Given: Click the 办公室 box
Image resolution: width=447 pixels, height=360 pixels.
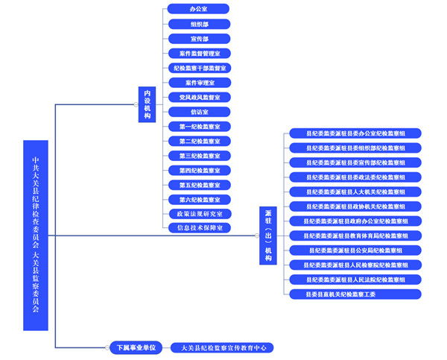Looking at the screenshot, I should click(x=198, y=9).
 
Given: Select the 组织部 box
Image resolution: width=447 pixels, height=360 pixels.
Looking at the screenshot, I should click(x=198, y=24).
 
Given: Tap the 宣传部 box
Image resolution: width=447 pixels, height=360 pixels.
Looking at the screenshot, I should click(x=198, y=39).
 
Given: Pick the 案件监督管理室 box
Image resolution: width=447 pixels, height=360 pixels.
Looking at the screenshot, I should click(x=198, y=54).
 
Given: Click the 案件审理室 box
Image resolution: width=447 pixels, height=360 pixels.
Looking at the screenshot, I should click(x=198, y=83).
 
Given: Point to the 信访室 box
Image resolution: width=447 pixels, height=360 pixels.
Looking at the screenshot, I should click(x=198, y=112).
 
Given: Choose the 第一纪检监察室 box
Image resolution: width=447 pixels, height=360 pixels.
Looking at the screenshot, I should click(x=198, y=127).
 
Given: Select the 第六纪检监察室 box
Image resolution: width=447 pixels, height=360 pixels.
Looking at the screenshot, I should click(x=198, y=200).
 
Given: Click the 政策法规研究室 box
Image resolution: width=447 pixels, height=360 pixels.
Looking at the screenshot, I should click(x=198, y=214).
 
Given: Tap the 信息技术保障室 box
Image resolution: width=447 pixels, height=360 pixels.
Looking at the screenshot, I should click(x=198, y=228).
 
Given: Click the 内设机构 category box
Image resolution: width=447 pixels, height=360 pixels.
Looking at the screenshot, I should click(x=148, y=105).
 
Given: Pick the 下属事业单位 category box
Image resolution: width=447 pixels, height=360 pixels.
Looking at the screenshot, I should click(x=135, y=347).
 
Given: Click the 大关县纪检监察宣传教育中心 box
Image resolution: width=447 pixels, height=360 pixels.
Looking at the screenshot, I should click(x=222, y=347).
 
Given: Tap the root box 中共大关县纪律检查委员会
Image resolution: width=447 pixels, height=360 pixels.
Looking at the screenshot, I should click(x=36, y=235).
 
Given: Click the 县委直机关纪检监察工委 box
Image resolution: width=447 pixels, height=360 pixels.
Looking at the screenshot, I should click(x=355, y=294).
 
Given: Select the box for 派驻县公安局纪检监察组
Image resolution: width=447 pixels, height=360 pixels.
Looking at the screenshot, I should click(x=355, y=250).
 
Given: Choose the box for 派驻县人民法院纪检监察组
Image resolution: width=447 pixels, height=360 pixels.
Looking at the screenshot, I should click(x=355, y=280).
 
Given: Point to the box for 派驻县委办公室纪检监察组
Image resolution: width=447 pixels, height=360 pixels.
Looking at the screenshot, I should click(x=355, y=133).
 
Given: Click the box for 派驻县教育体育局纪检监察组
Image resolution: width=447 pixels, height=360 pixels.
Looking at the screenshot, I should click(x=355, y=236).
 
